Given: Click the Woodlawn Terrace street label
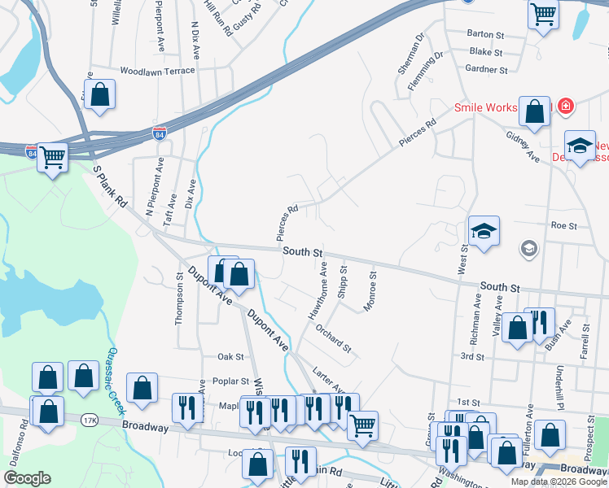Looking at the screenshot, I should click(x=157, y=71).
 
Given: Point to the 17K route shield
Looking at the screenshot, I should click(x=88, y=420).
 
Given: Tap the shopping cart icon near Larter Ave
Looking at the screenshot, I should click(x=362, y=423).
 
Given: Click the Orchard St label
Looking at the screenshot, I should click(x=334, y=340).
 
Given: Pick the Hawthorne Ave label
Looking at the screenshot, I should click(x=318, y=290).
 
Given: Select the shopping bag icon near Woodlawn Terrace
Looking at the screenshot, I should click(x=99, y=94).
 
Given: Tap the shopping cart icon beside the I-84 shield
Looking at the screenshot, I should click(x=52, y=157).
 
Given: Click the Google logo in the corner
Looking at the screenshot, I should click(x=27, y=478).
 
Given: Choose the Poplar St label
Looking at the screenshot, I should click(x=232, y=381).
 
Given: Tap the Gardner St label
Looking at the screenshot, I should click(x=488, y=70).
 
